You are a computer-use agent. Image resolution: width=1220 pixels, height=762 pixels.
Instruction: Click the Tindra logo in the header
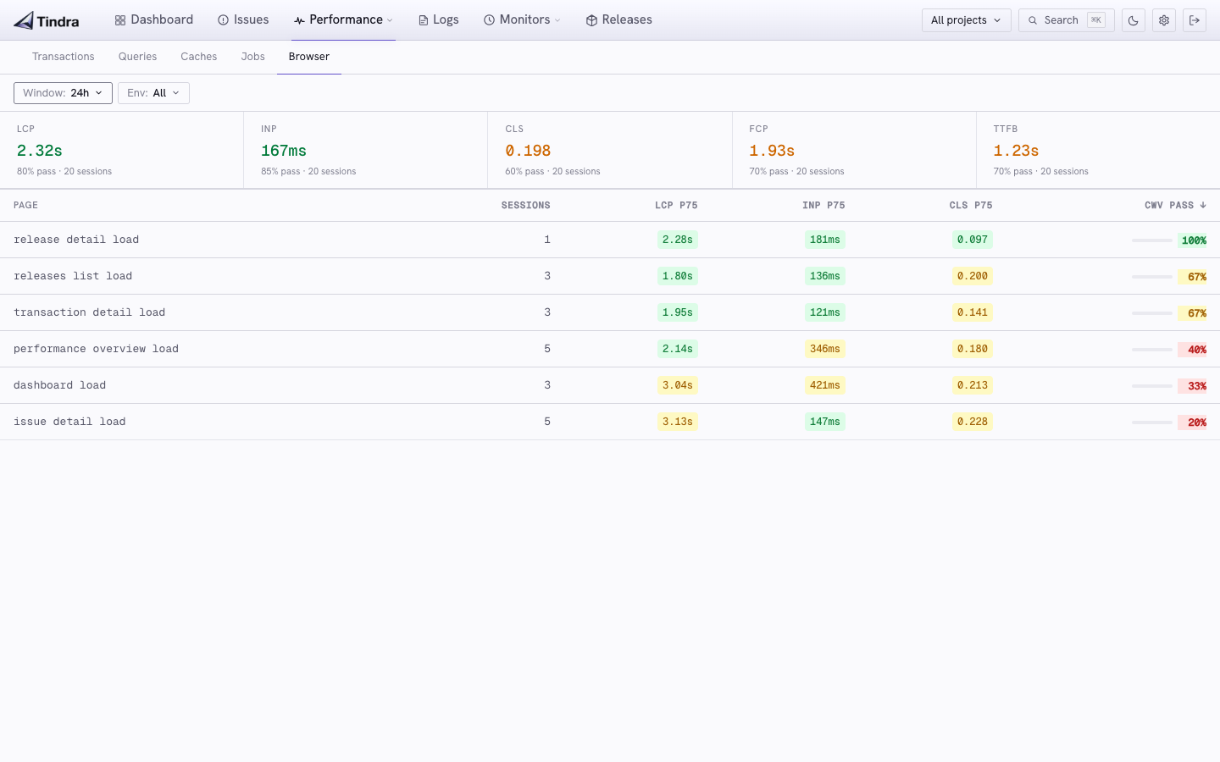click(x=47, y=20)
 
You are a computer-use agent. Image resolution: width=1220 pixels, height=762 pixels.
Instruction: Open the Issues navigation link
click(x=243, y=19)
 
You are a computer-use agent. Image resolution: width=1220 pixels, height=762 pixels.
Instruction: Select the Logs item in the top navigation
click(x=439, y=19)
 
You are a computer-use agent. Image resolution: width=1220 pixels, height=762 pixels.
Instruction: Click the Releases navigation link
click(x=618, y=19)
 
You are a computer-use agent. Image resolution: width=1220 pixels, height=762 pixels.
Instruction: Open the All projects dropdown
click(x=966, y=20)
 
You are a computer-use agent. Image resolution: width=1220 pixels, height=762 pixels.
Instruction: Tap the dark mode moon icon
click(x=1134, y=20)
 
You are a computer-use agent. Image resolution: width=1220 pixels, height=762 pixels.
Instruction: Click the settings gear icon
click(x=1164, y=20)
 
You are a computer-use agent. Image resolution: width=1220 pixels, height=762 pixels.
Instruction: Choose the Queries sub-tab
click(x=137, y=57)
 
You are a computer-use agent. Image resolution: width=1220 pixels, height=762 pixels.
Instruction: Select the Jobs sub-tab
click(x=252, y=57)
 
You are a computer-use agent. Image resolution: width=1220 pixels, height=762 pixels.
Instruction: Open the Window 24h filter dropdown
click(x=64, y=93)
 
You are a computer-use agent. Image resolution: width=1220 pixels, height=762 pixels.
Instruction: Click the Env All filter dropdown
click(x=153, y=93)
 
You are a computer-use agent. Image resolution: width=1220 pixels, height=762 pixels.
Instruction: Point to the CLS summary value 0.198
click(x=528, y=150)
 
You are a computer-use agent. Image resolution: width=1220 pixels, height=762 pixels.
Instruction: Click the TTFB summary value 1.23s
click(x=1016, y=150)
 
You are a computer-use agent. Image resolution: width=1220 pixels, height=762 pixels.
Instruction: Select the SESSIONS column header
click(x=525, y=205)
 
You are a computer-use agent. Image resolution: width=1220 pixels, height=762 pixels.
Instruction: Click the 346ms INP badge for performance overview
click(x=824, y=349)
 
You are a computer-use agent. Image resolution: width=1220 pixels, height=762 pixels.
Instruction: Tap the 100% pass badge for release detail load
click(x=1193, y=240)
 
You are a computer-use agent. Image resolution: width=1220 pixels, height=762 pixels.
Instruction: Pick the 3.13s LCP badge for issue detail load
click(x=678, y=422)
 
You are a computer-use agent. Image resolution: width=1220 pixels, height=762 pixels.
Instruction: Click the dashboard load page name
click(x=60, y=385)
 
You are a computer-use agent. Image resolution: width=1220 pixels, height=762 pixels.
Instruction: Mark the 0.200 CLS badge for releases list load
click(x=973, y=276)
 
